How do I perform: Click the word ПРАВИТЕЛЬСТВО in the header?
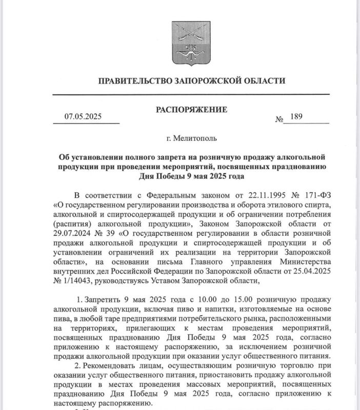point(132,81)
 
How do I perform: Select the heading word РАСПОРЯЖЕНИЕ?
point(191,110)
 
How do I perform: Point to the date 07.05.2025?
point(83,116)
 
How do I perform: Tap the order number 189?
point(297,117)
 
